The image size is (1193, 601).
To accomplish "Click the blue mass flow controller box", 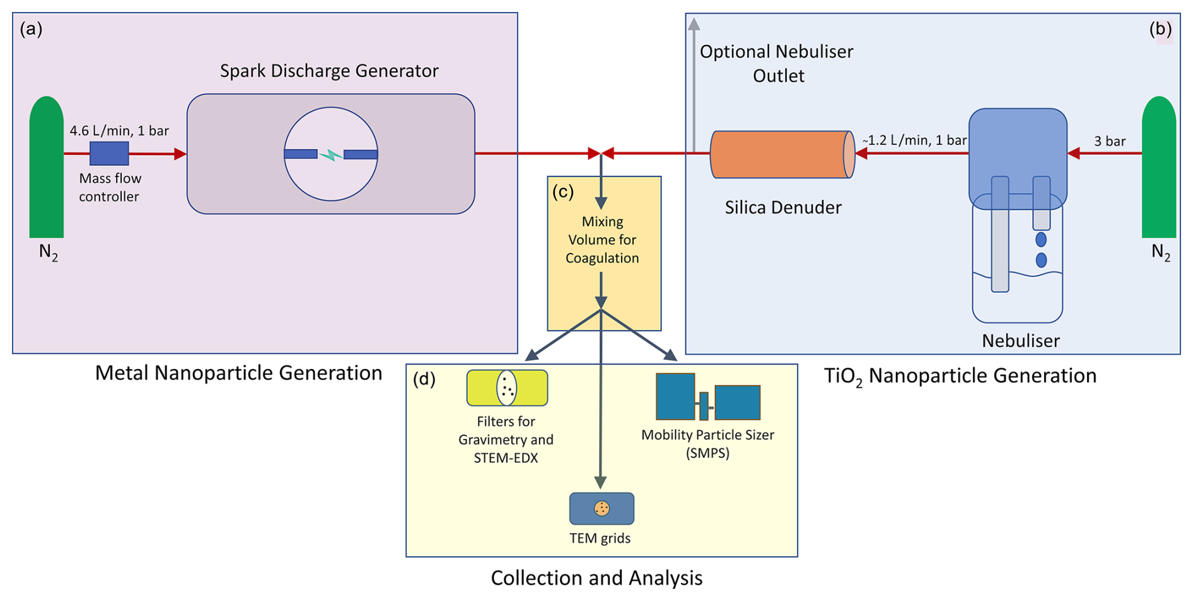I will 109,153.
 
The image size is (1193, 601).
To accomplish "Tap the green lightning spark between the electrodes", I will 330,155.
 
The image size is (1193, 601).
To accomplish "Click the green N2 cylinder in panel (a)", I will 46,167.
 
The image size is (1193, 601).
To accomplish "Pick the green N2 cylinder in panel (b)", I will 1158,167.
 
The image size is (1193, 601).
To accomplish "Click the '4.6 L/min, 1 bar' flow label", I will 119,131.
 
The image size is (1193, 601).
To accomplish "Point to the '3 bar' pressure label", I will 1110,141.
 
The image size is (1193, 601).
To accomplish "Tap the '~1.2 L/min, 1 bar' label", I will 914,141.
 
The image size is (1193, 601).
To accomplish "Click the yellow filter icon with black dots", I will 507,388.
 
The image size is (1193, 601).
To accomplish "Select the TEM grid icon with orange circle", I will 602,508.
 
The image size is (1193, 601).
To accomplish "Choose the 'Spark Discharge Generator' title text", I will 329,71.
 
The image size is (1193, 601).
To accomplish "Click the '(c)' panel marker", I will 562,192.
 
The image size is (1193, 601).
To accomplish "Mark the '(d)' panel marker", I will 424,379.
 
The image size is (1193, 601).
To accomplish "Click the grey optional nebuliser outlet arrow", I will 694,82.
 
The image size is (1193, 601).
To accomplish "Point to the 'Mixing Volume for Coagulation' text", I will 602,240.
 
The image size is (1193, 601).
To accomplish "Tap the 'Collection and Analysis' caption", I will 596,578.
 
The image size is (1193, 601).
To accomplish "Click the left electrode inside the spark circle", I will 301,154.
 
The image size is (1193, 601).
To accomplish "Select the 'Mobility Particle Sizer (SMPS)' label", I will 707,443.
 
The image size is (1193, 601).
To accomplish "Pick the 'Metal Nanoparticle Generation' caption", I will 238,373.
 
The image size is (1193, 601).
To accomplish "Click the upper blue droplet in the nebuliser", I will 1041,240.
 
